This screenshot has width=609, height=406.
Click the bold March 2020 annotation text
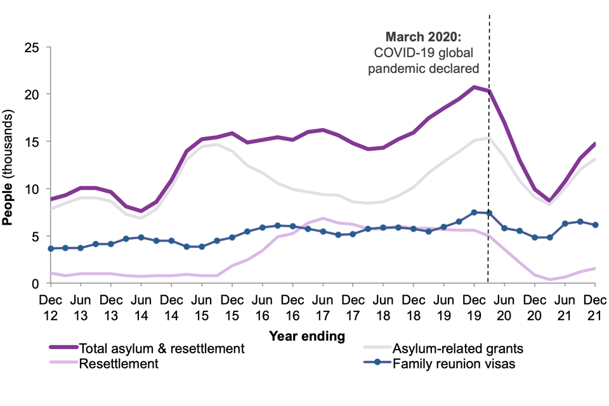coord(424,37)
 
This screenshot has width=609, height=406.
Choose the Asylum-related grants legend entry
coord(458,348)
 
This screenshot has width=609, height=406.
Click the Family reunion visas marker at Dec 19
coord(474,213)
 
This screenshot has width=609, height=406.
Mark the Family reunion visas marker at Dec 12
coord(50,249)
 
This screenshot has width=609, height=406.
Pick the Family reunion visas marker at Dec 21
coord(595,225)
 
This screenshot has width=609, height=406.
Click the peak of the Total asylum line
coord(474,87)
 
